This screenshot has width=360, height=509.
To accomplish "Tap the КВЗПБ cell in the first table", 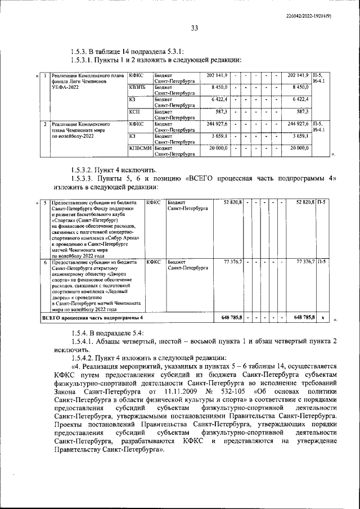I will pyautogui.click(x=137, y=87).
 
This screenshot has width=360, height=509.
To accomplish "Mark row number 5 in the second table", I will pyautogui.click(x=44, y=202).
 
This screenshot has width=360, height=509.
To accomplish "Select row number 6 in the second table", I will pyautogui.click(x=44, y=262).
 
